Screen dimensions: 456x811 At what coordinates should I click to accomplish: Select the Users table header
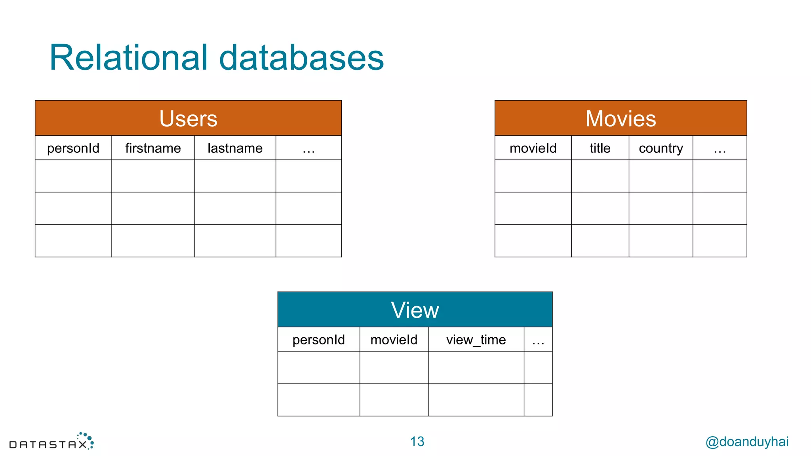188,118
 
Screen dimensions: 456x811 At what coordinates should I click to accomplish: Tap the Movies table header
621,118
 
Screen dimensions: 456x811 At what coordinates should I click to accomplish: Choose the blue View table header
415,310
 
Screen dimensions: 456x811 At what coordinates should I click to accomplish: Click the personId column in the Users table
73,148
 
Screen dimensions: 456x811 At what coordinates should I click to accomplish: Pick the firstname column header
153,148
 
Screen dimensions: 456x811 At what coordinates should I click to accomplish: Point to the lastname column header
235,148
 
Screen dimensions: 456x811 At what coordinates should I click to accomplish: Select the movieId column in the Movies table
533,148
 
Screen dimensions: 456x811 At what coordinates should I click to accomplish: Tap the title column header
600,148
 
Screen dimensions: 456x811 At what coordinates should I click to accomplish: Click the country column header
661,148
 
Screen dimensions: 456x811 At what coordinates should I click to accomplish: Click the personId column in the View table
318,340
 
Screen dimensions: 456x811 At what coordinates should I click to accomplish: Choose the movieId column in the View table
394,340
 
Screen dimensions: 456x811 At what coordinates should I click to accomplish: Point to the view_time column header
476,340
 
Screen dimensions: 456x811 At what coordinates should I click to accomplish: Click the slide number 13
417,441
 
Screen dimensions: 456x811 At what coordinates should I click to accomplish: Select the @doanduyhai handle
747,441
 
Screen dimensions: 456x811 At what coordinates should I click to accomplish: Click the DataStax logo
51,442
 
